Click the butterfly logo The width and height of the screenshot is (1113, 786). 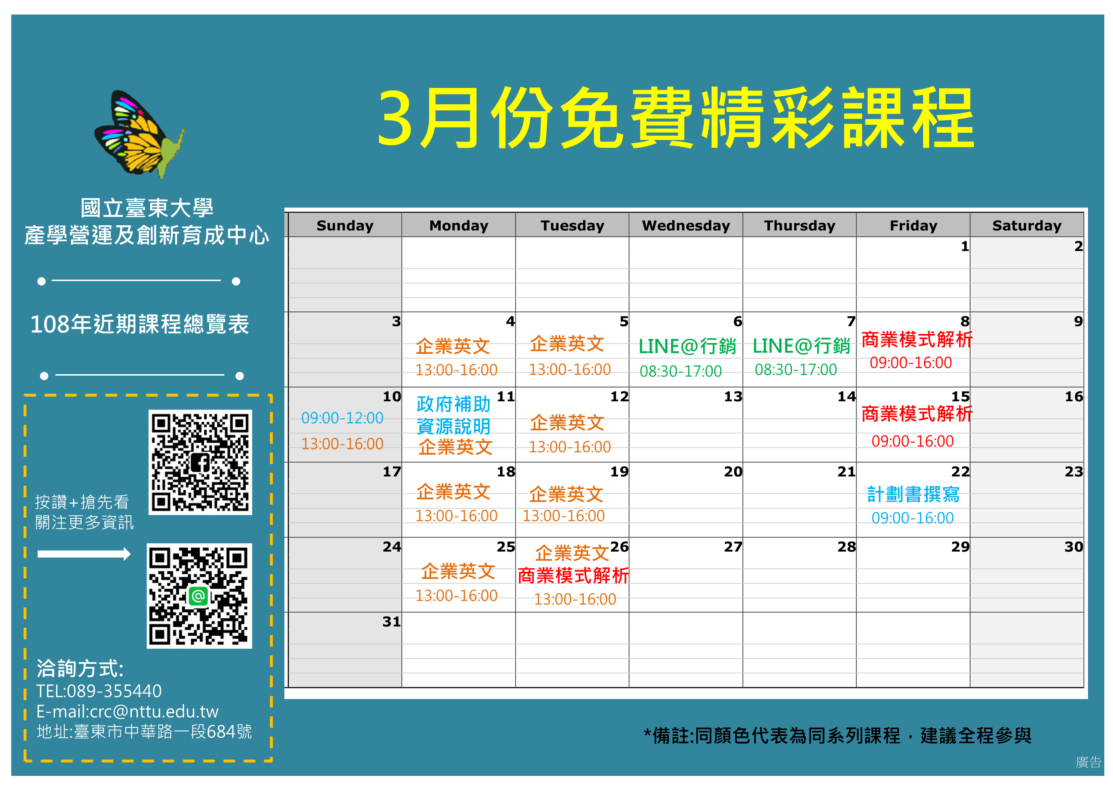[139, 134]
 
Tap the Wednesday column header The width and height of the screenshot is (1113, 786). [685, 226]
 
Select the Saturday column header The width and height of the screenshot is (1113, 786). [1026, 226]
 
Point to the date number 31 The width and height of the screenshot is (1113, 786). [391, 622]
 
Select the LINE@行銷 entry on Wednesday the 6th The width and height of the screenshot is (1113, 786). [687, 347]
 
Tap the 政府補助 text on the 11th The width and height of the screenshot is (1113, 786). [453, 404]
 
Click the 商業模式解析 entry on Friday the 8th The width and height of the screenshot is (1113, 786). [917, 340]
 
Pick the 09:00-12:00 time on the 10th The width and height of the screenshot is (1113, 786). [342, 418]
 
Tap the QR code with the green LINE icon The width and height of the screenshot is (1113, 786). [199, 596]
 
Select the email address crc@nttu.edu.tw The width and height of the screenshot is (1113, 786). [154, 711]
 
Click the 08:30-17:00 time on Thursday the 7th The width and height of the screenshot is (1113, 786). [796, 370]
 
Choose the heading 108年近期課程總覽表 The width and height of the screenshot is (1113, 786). [139, 324]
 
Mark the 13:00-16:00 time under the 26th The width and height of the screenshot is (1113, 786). [575, 599]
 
